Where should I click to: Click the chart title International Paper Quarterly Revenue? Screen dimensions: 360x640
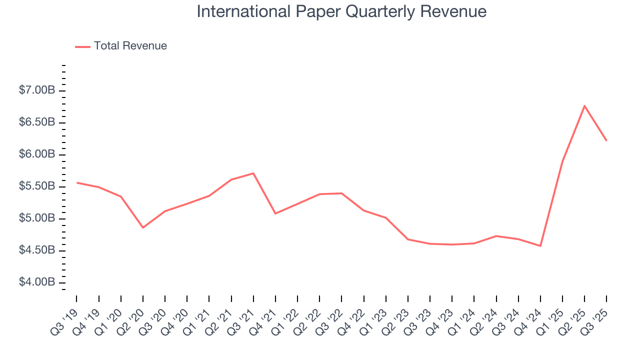[x=341, y=11]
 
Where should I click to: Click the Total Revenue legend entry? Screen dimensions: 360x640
[x=130, y=46]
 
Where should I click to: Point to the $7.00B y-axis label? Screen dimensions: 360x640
[x=37, y=90]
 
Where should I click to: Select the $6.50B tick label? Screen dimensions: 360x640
[x=37, y=122]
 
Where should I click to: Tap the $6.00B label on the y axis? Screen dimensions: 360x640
[x=37, y=154]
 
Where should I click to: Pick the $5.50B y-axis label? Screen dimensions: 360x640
[x=37, y=186]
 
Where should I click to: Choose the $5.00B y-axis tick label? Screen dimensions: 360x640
[x=37, y=218]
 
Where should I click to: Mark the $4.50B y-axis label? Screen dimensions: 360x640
[x=37, y=250]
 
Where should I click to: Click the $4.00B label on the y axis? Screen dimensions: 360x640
[x=37, y=282]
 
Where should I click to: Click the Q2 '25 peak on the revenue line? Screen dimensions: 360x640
[x=584, y=105]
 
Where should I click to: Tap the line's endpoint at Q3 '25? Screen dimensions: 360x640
[x=606, y=140]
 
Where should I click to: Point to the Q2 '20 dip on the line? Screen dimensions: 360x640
[x=143, y=227]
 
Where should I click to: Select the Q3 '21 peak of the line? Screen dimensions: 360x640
[x=253, y=173]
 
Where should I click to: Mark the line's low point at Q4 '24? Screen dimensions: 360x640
[x=540, y=245]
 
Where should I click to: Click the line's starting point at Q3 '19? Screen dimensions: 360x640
[x=77, y=182]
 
